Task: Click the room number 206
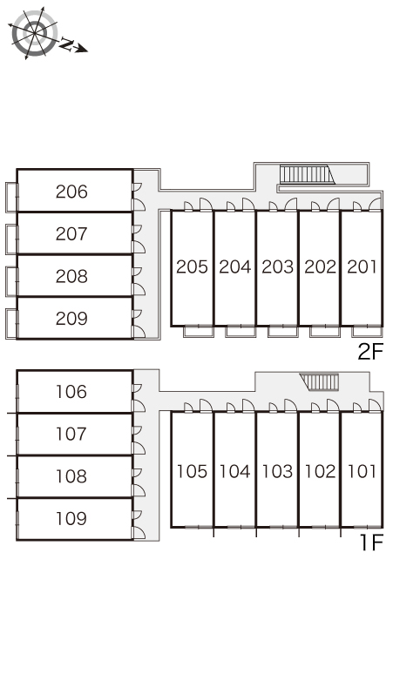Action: tap(71, 192)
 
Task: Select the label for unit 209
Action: tap(71, 319)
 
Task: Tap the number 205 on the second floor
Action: tap(193, 267)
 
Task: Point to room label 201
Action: tap(362, 267)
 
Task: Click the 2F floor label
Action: tap(370, 352)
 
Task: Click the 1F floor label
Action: tap(371, 543)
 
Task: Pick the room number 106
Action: tap(71, 392)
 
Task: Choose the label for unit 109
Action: tap(71, 518)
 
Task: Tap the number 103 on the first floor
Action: tap(277, 472)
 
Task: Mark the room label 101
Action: tap(362, 472)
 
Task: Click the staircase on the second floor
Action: tap(307, 174)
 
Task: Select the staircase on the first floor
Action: tap(320, 382)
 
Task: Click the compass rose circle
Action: tap(34, 33)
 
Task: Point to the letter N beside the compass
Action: tap(65, 44)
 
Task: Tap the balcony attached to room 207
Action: tap(11, 239)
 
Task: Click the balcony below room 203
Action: tap(282, 331)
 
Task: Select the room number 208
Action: tap(71, 276)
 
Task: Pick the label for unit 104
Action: tap(234, 472)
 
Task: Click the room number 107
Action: tap(71, 434)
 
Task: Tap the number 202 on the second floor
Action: tap(321, 267)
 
